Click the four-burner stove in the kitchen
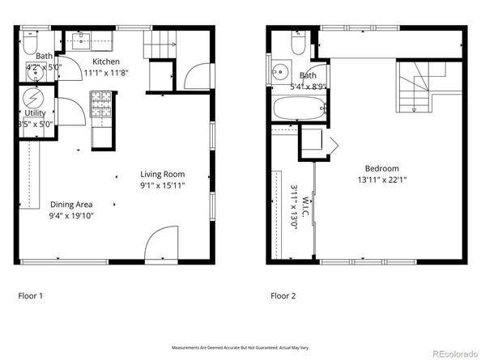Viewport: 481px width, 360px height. coord(101,103)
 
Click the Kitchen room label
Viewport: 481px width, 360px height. coord(105,61)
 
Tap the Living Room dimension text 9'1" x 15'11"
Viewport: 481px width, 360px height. coord(162,185)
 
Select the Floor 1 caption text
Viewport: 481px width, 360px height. coord(31,296)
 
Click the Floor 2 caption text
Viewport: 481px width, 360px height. coord(283,296)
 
